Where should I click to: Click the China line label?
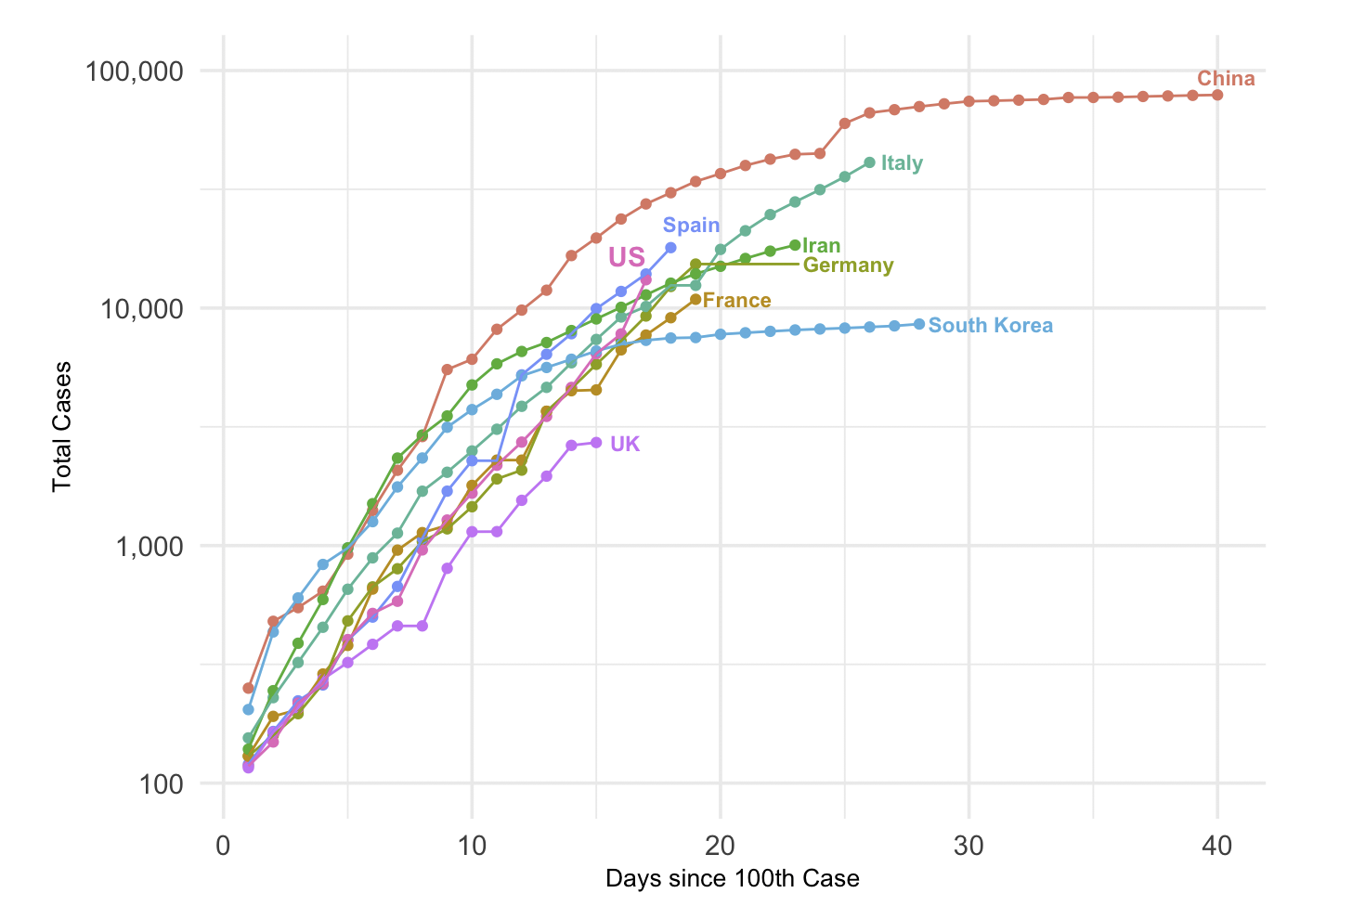point(1226,79)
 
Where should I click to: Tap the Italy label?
point(902,163)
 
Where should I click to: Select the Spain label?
point(691,226)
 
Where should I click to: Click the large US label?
point(627,257)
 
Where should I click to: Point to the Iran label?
point(822,246)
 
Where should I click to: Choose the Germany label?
point(848,265)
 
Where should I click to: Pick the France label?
point(737,301)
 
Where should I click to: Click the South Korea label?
point(991,326)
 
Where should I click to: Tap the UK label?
point(625,444)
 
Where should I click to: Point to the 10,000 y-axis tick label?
point(143,308)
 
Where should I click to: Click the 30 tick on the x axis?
point(968,847)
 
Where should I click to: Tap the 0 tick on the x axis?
point(223,847)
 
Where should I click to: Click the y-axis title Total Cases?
point(62,426)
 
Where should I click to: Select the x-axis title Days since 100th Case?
point(732,878)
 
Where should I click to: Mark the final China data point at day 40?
point(1217,95)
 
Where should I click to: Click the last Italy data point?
point(869,162)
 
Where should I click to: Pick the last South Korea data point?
point(919,324)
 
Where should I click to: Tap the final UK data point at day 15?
point(596,443)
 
